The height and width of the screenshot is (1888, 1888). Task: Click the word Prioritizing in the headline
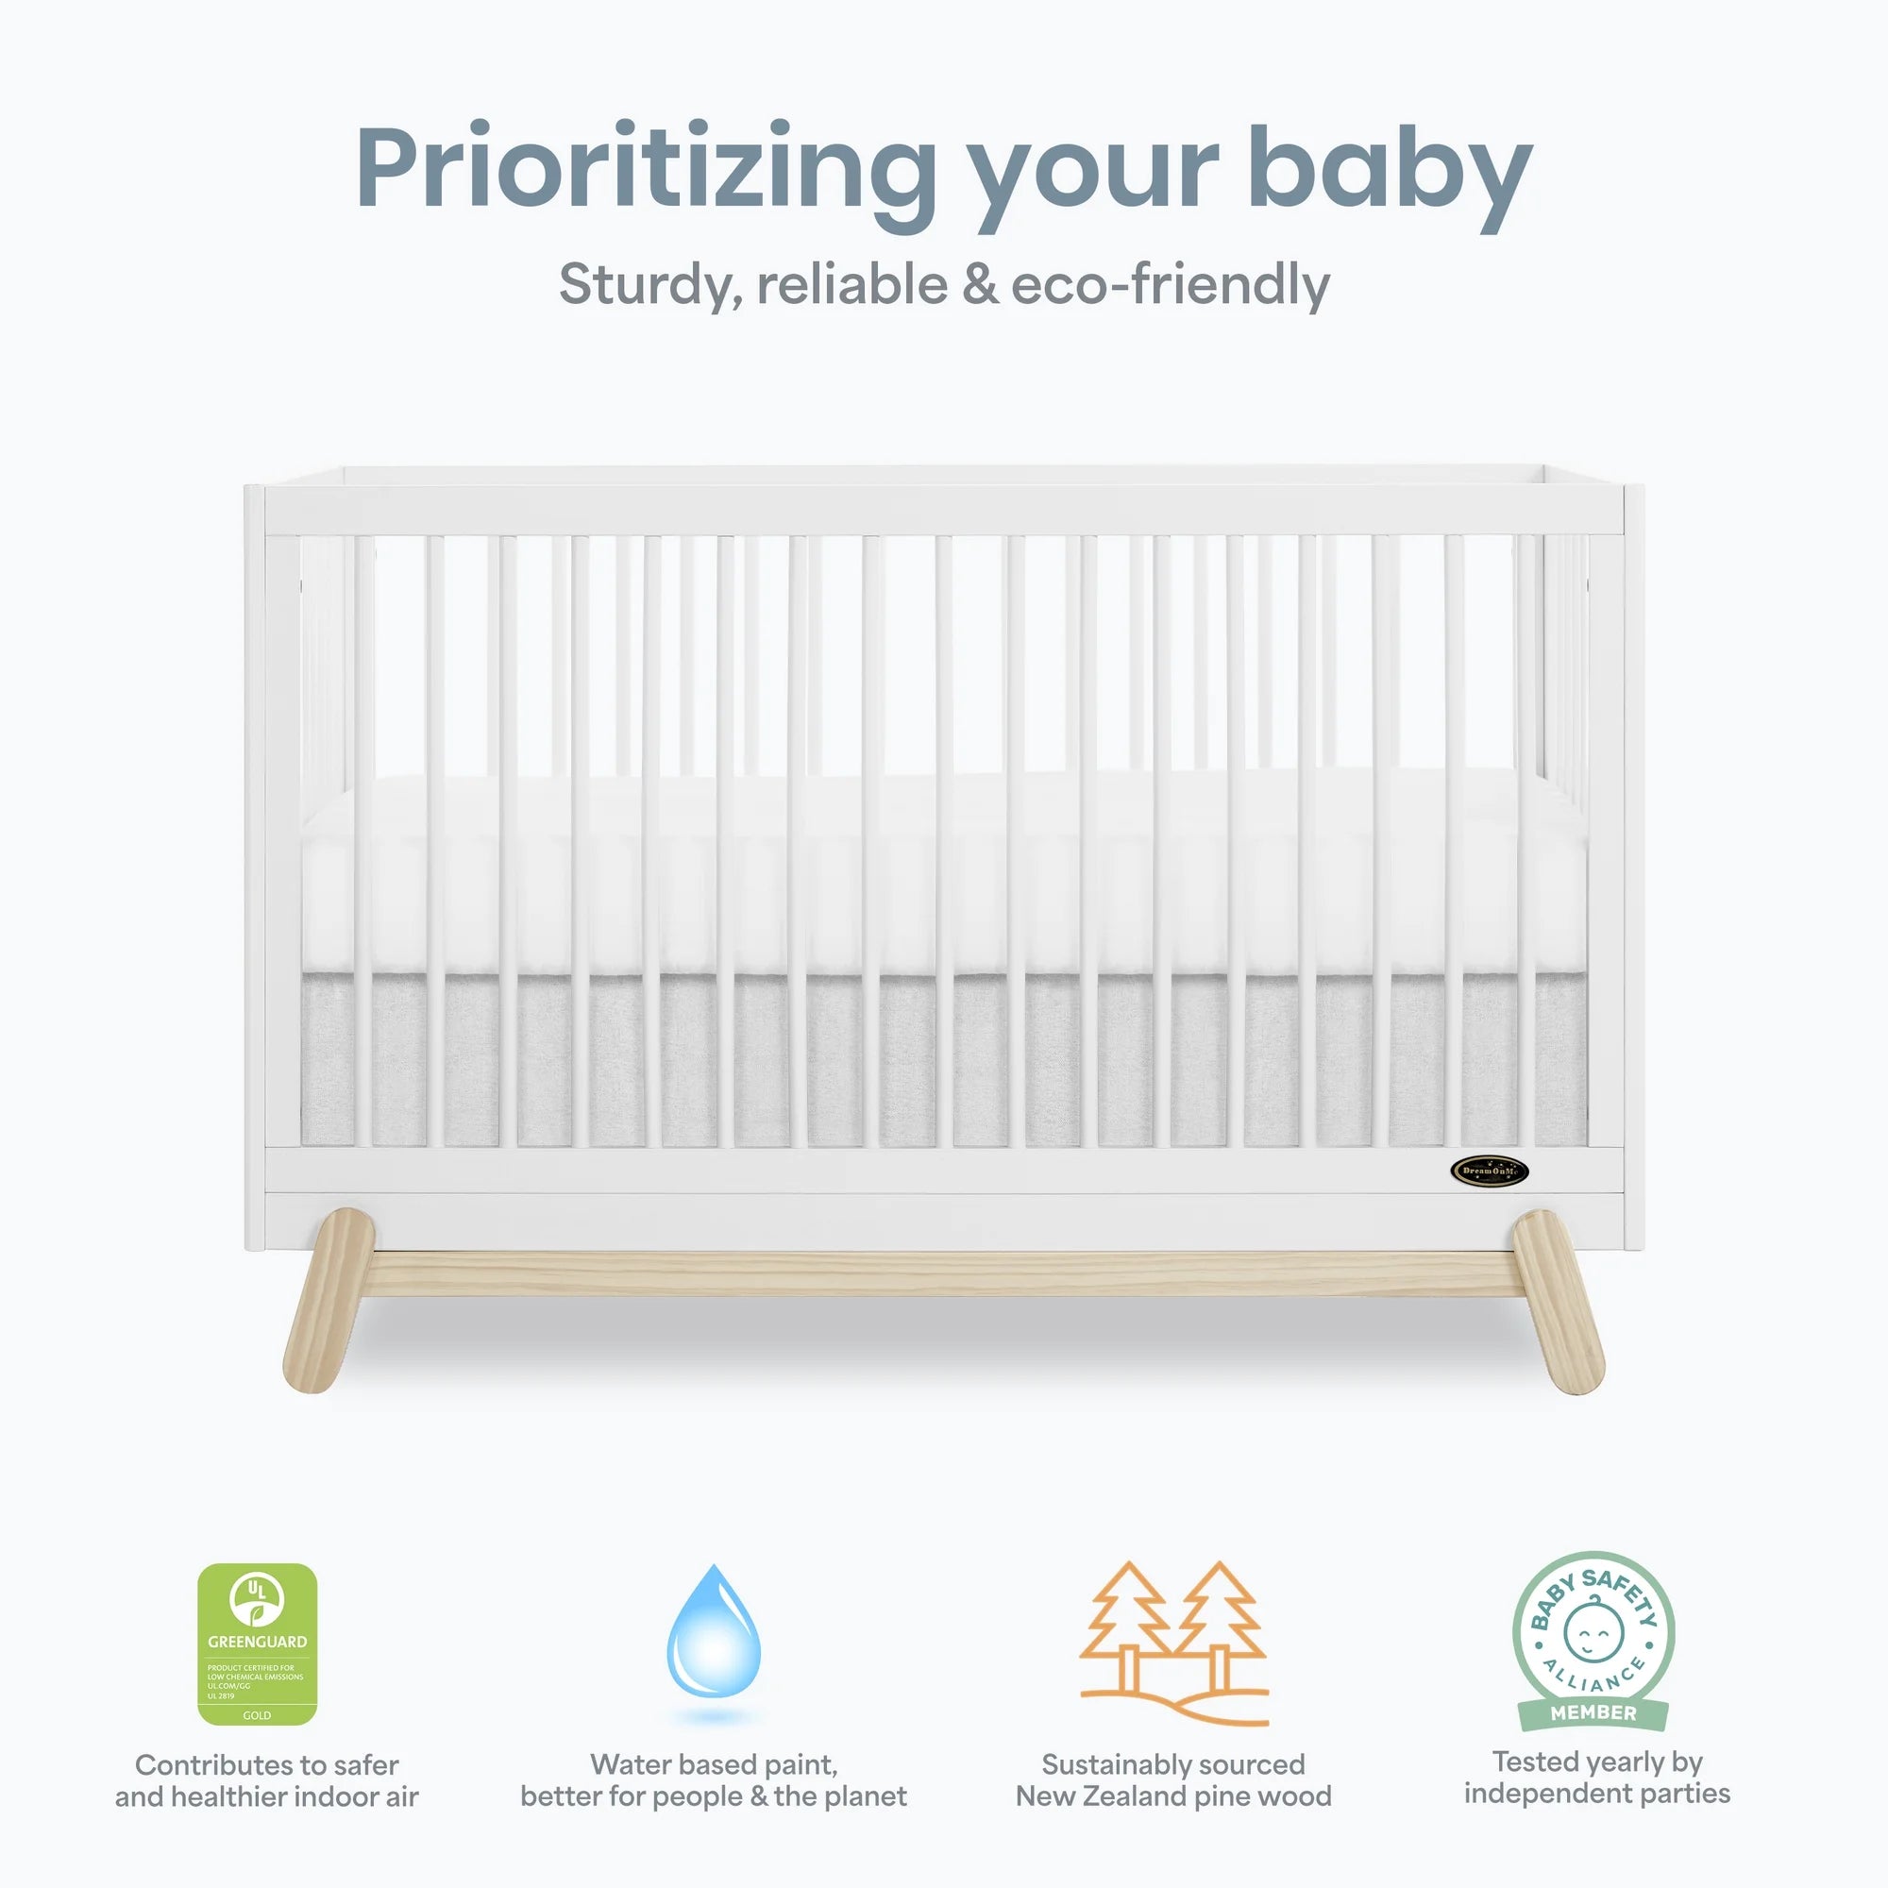[x=645, y=168]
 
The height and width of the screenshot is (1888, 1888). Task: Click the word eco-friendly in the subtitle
[x=1170, y=285]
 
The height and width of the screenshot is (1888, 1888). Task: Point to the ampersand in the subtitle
[x=979, y=285]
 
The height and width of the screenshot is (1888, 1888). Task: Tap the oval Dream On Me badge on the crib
[x=1490, y=1171]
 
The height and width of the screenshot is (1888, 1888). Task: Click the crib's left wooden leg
[x=328, y=1300]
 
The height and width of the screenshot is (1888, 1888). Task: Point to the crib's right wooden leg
[x=1558, y=1300]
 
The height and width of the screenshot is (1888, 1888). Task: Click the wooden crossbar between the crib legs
[x=943, y=1273]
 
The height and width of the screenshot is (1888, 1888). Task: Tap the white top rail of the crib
[x=943, y=510]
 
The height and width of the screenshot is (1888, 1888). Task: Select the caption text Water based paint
[x=714, y=1765]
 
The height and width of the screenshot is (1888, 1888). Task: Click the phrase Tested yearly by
[x=1597, y=1762]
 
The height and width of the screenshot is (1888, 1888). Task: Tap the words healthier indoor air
[x=295, y=1796]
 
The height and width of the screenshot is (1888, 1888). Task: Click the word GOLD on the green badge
[x=257, y=1715]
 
